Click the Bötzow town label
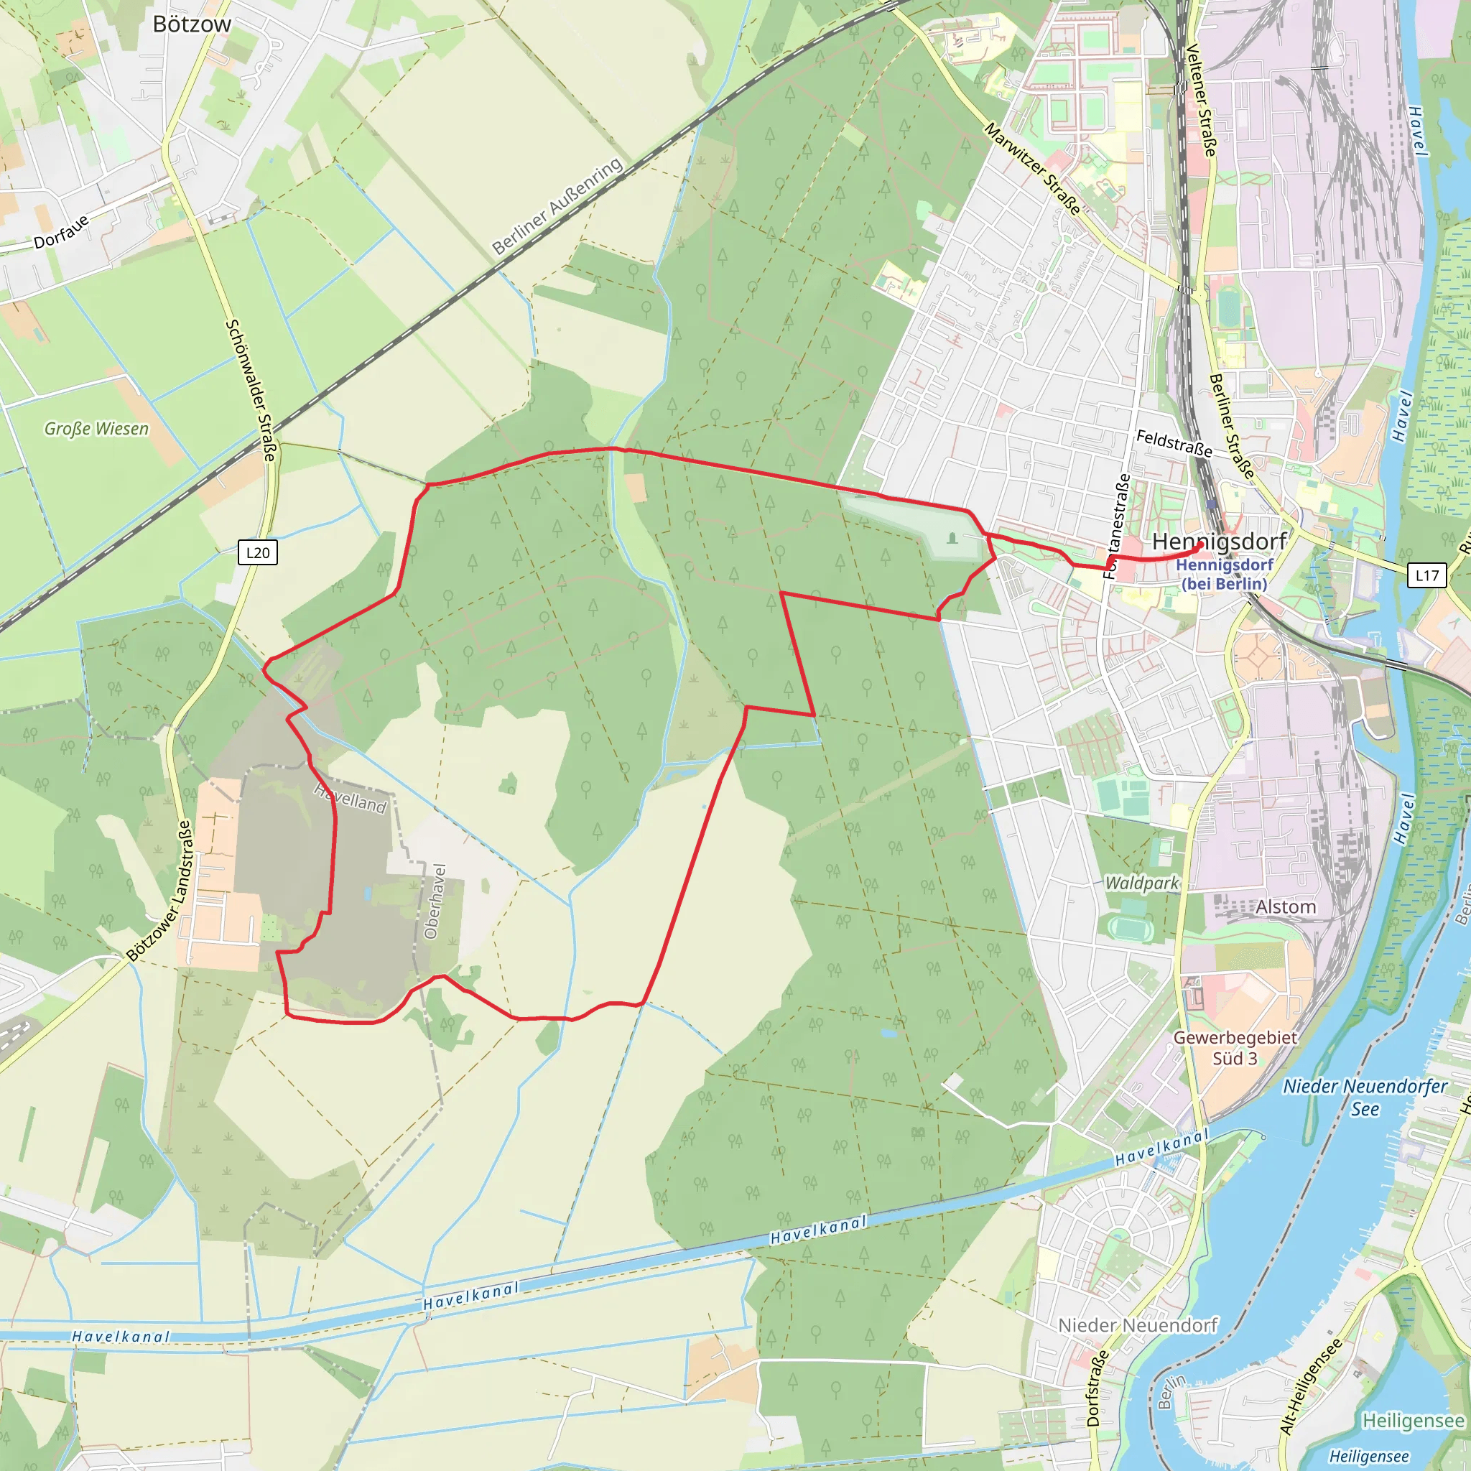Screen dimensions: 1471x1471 click(192, 24)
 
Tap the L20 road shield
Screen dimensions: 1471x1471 click(258, 553)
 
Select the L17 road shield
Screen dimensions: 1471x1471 click(1427, 575)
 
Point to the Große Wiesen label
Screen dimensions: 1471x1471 click(97, 429)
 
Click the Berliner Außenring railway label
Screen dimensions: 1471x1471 click(557, 207)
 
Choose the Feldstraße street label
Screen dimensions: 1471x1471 click(1174, 443)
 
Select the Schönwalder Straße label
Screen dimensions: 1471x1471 click(251, 390)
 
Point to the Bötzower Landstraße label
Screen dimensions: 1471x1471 click(159, 891)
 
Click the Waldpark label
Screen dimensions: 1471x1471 click(1141, 883)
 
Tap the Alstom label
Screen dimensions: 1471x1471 click(1286, 907)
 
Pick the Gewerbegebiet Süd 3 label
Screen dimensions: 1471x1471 click(1235, 1048)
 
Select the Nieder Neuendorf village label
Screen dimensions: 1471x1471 click(1138, 1326)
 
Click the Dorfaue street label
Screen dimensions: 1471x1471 click(61, 231)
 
